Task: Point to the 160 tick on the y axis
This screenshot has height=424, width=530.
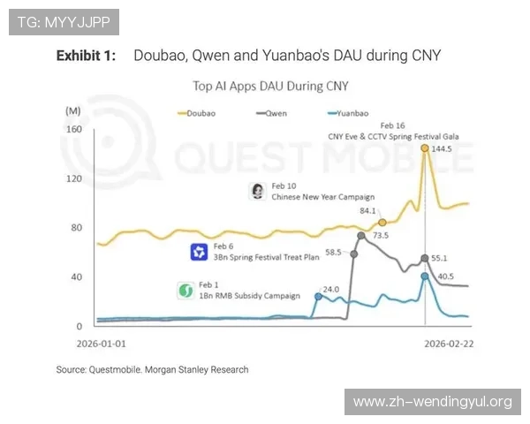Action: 74,129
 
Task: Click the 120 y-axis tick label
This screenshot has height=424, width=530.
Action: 74,178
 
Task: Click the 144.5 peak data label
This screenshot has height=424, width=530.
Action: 440,149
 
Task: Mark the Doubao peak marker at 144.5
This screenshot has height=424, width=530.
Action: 425,148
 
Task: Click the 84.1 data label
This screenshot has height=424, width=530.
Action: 367,211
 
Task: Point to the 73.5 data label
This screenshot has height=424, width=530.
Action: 381,236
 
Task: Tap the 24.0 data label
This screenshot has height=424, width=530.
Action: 330,289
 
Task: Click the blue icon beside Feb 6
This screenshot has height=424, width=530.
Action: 199,253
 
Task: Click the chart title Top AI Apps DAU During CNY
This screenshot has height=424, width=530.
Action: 270,87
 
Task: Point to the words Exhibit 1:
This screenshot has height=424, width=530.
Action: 86,56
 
